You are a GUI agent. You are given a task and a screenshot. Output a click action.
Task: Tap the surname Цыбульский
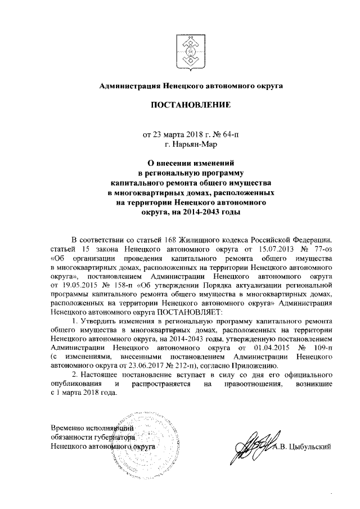tap(307, 447)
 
